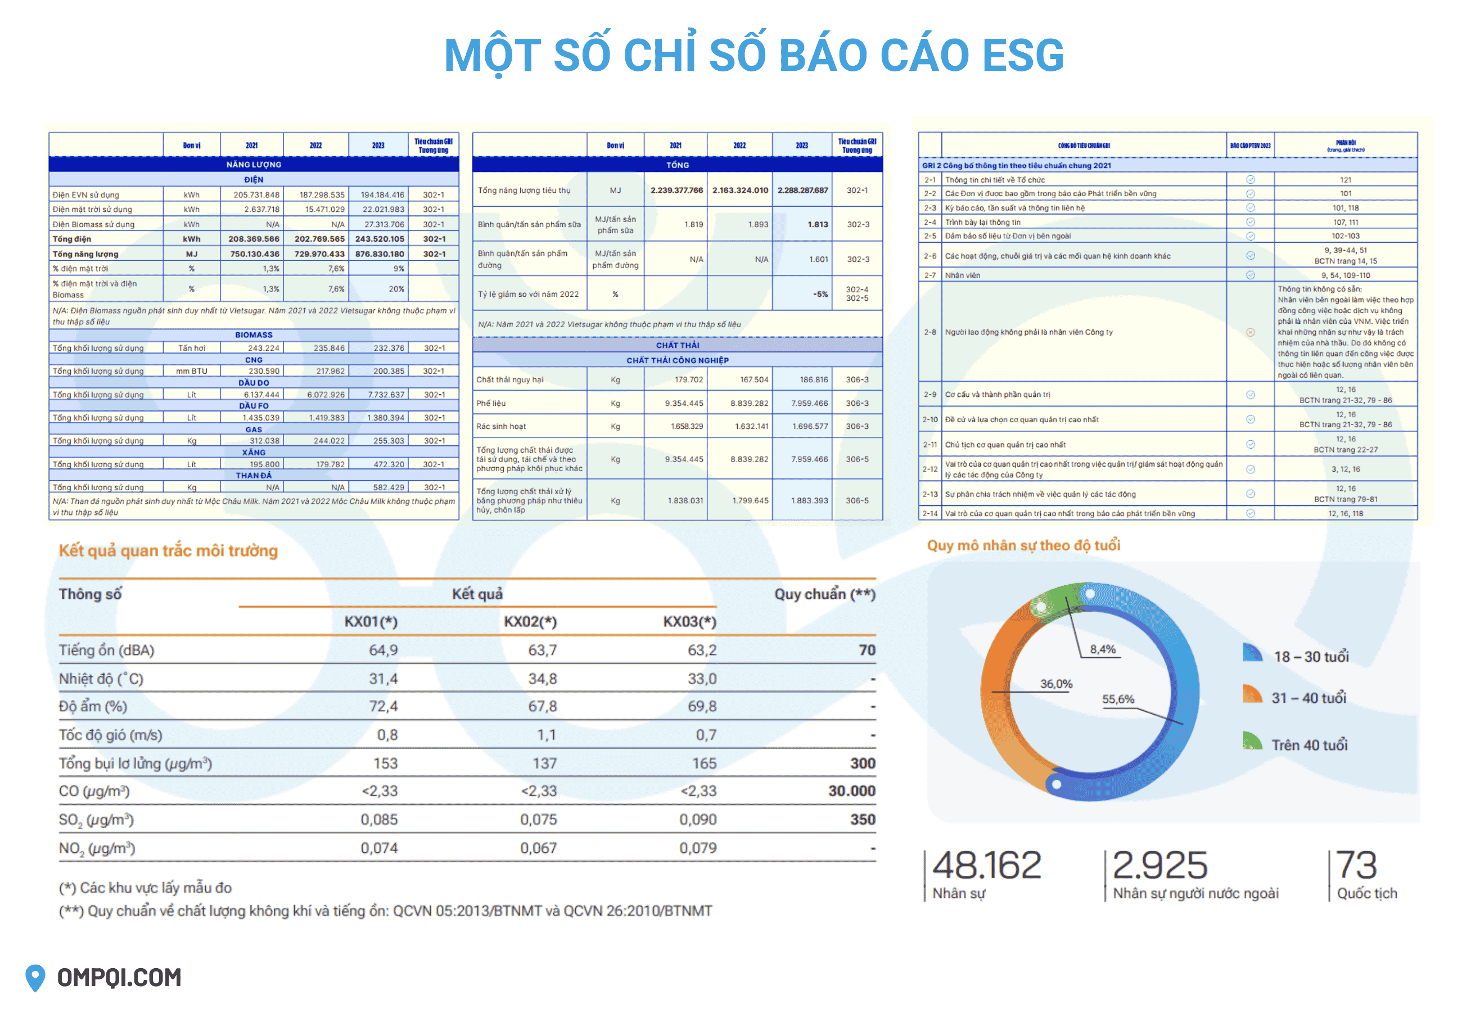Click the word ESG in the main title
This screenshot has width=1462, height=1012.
pos(1023,56)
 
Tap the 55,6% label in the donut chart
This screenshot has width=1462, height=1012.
pos(1118,699)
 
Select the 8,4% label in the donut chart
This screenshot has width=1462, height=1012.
pos(1103,649)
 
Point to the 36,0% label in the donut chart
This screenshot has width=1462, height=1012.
pos(1055,684)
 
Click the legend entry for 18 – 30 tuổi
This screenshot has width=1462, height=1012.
pos(1311,656)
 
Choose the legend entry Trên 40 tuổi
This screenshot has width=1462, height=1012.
pos(1308,744)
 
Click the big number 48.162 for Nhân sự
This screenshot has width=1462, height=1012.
pos(986,865)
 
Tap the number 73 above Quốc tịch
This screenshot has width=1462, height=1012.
pos(1356,865)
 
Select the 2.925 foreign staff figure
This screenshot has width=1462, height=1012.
pos(1159,865)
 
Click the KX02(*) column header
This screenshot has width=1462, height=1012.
pos(530,621)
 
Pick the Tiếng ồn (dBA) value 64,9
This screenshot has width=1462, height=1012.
pos(383,650)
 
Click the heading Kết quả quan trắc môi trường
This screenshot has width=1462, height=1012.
pos(168,550)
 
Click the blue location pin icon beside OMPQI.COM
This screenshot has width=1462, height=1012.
pos(35,977)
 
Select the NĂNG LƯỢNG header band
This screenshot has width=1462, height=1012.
pos(254,164)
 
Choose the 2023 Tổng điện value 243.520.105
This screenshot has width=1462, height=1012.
pos(379,239)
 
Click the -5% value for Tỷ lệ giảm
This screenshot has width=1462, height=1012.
pos(820,294)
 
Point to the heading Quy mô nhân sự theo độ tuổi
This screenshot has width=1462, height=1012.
pos(1023,545)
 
